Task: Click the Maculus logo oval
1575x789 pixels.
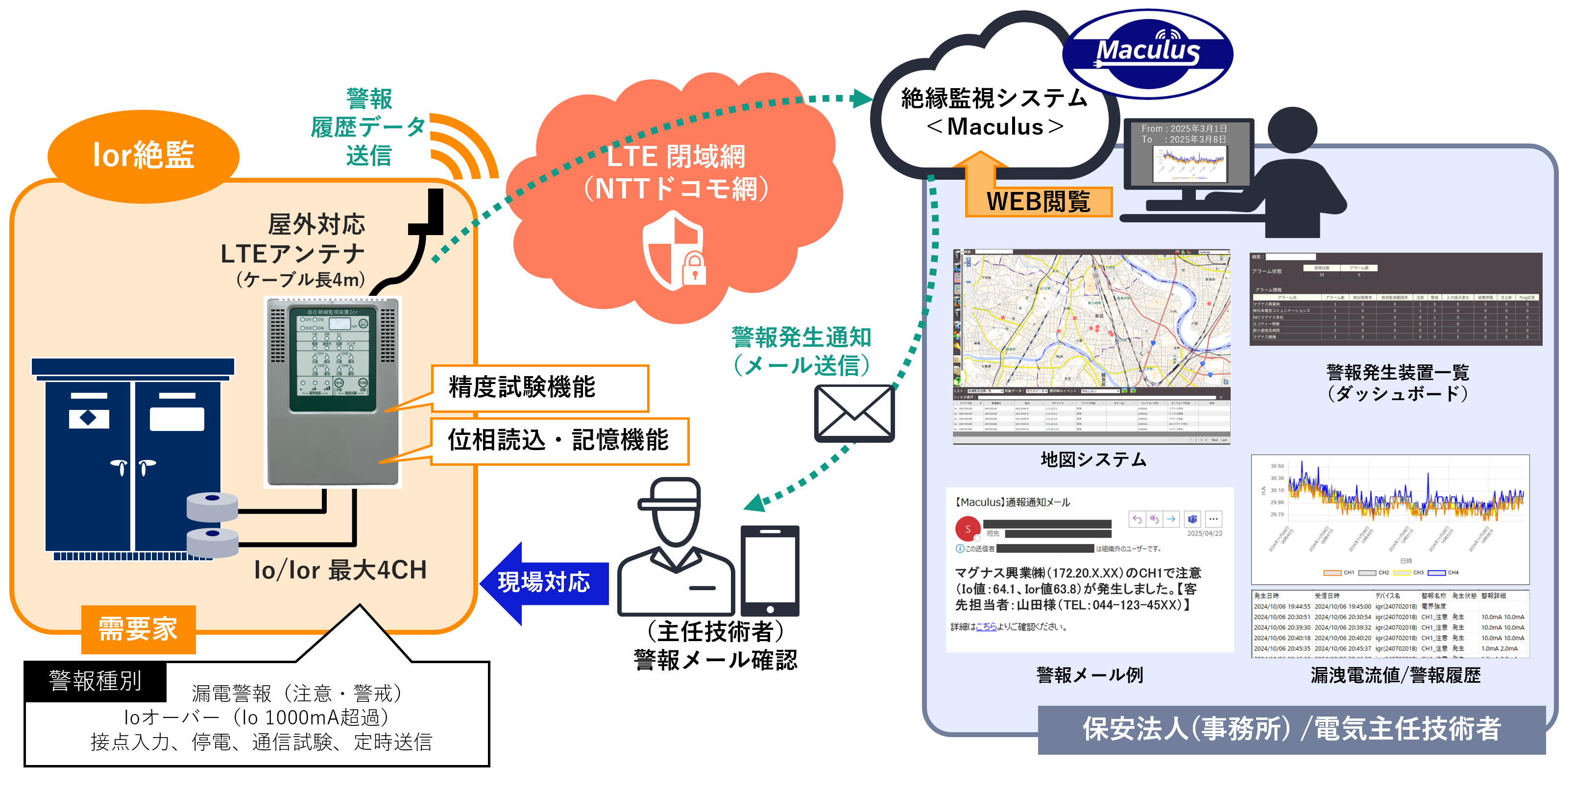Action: click(x=1148, y=54)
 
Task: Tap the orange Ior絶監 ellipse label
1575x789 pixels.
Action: click(x=143, y=155)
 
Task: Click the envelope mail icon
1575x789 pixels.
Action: click(x=854, y=413)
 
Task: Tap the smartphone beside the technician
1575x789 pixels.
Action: click(x=770, y=570)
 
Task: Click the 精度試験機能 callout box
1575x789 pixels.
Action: click(x=540, y=388)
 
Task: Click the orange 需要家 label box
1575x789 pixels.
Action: click(x=138, y=629)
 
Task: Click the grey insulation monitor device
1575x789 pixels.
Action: click(x=333, y=391)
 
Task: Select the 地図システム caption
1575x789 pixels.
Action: click(x=1093, y=459)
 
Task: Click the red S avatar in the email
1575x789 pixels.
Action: click(x=967, y=529)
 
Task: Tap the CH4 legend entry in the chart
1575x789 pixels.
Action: click(x=1445, y=573)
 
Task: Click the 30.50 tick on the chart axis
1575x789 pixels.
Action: click(x=1277, y=466)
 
